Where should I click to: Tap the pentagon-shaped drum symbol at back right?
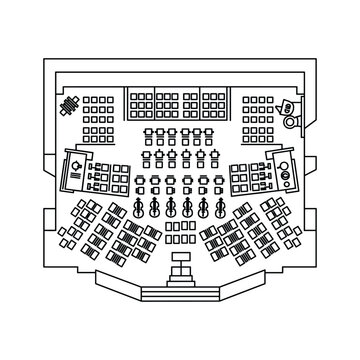[x=285, y=106]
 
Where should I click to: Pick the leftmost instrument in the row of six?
[x=137, y=209]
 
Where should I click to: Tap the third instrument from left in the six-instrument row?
[x=171, y=209]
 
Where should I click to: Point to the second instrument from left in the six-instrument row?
[x=154, y=209]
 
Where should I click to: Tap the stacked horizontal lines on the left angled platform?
[x=74, y=177]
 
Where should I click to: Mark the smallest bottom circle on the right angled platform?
[x=288, y=186]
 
